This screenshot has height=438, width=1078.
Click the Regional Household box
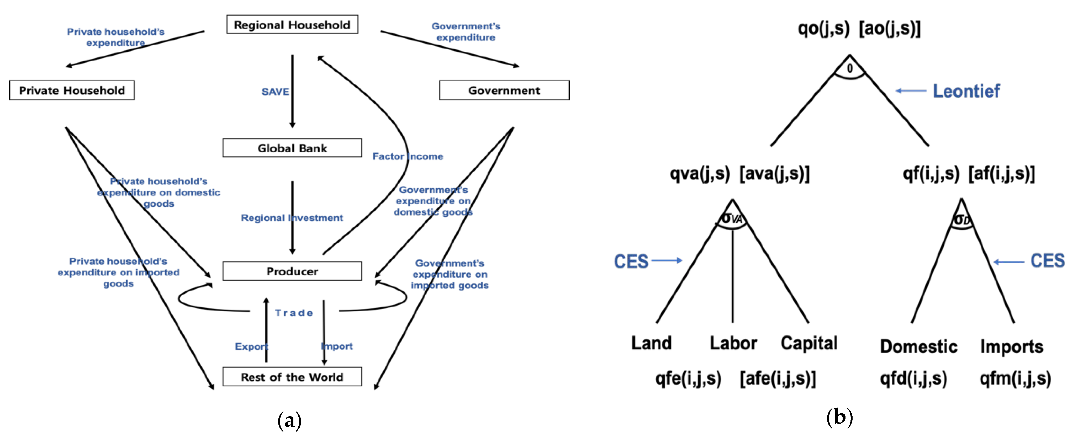pos(292,25)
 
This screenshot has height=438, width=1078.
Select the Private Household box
pos(72,90)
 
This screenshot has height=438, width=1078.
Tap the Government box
pos(504,90)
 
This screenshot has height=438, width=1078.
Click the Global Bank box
pos(292,148)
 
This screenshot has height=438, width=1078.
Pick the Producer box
pos(292,271)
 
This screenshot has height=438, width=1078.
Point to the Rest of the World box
pos(292,377)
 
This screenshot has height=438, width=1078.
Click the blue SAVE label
pos(275,92)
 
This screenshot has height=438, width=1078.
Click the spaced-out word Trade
pos(294,313)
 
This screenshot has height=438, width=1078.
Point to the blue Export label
pos(251,346)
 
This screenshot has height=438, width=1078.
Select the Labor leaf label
pos(733,343)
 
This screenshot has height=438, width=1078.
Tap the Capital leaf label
pos(809,343)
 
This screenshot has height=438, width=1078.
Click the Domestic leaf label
pos(918,346)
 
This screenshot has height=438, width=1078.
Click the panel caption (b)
pos(839,418)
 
